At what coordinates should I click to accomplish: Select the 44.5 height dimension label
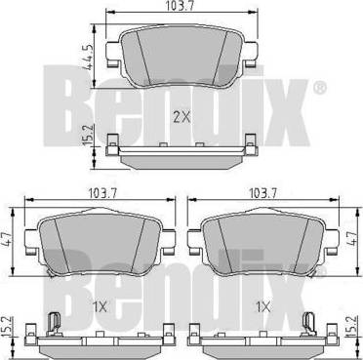click(87, 58)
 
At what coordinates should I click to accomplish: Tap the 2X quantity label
click(181, 117)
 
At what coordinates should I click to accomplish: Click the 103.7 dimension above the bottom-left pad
click(101, 193)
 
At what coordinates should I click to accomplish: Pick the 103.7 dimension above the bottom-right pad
click(262, 193)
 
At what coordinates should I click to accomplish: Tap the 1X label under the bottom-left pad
click(100, 307)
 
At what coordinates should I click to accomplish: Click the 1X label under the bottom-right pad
click(262, 307)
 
